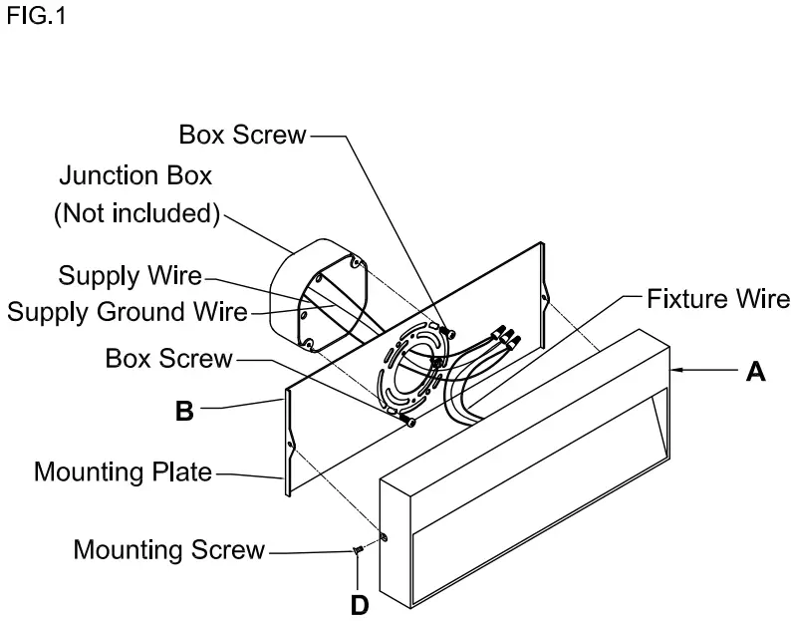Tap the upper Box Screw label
(x=242, y=135)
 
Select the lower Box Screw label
(x=168, y=358)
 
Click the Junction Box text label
(x=135, y=176)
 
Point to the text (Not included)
(x=135, y=214)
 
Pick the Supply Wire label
(x=130, y=274)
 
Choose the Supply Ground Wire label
(x=127, y=312)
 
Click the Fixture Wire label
(x=718, y=297)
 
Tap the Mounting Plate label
(x=124, y=470)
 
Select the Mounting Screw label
(x=169, y=549)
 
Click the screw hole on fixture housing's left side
(x=387, y=539)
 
